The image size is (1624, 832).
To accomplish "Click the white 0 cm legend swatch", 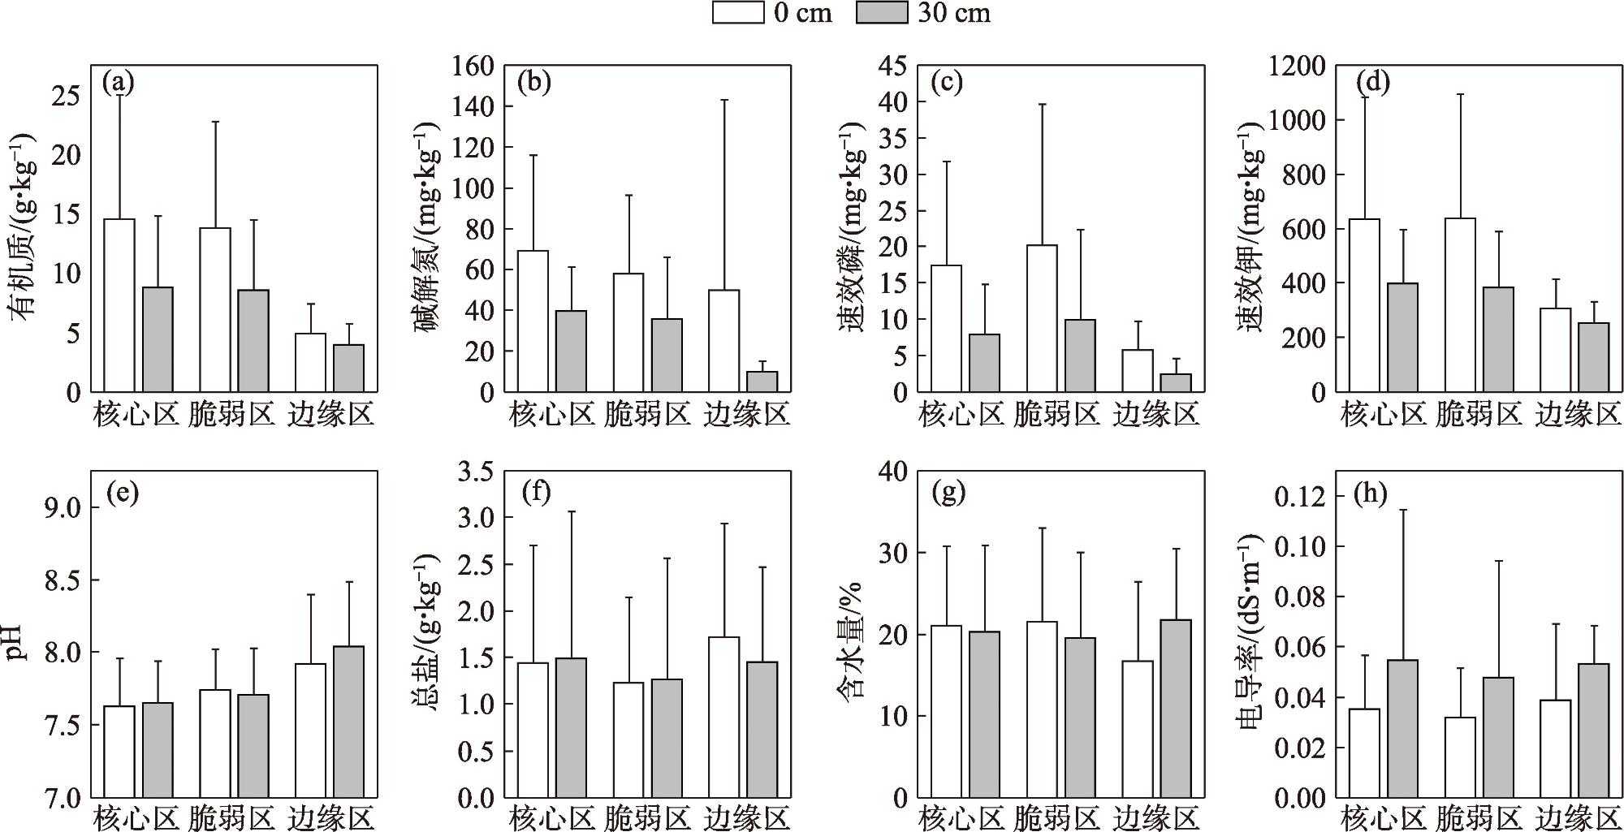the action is [738, 12].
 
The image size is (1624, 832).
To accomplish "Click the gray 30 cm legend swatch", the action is [882, 12].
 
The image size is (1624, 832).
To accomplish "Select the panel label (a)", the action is [119, 82].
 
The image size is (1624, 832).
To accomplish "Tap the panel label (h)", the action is [1371, 493].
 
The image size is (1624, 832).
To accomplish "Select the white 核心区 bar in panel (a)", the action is [119, 305].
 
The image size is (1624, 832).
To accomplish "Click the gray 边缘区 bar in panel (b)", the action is [762, 382].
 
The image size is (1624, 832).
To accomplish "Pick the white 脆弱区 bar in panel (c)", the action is [1042, 318].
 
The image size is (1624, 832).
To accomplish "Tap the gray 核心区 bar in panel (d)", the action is [1402, 338].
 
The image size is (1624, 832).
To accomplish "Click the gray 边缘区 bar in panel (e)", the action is [348, 722].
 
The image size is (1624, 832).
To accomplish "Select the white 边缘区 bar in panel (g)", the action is [1138, 729].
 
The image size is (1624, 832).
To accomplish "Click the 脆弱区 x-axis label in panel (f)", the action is [647, 817].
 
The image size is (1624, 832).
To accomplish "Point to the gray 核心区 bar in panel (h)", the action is [1402, 729].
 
